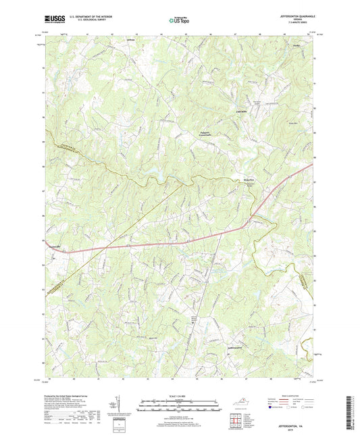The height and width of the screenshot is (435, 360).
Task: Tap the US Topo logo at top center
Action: [178, 21]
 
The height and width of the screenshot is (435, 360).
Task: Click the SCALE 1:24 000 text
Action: [180, 395]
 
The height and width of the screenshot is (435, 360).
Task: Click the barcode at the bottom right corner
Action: [351, 413]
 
